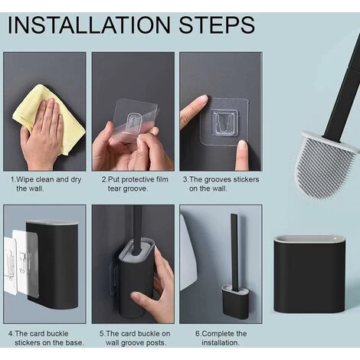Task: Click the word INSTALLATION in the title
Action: coord(90,25)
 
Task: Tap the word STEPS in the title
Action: coord(217,25)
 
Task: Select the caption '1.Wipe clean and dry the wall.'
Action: coord(46,184)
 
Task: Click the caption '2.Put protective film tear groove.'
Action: coord(135,184)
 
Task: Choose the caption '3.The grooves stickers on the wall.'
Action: coord(221,184)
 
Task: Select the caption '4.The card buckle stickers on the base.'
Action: coord(46,338)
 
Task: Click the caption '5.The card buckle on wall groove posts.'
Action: coord(135,338)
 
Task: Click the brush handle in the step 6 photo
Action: coord(235,251)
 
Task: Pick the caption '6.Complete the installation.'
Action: coord(221,338)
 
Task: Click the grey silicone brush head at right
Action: coord(326,166)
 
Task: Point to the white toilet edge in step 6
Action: coord(188,253)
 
